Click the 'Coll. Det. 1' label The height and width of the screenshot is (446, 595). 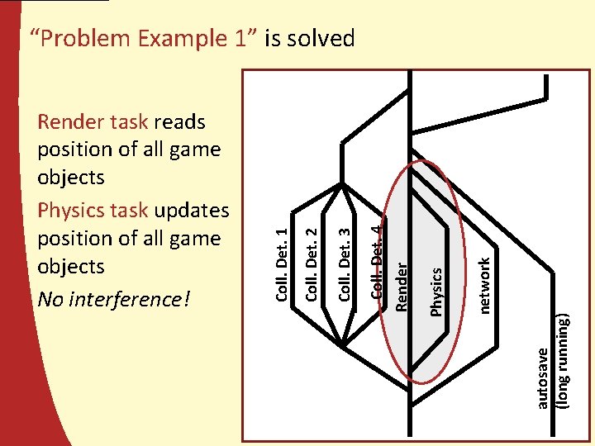(x=283, y=264)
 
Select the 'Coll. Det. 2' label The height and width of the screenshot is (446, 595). (x=313, y=256)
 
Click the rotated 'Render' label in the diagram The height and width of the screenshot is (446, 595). (x=402, y=286)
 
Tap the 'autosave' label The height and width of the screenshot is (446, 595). (x=542, y=377)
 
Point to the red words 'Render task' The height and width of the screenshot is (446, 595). (x=93, y=122)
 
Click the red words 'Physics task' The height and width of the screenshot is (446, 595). (x=93, y=211)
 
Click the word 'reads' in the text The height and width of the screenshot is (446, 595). (x=179, y=122)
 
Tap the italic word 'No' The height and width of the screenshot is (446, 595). (x=50, y=298)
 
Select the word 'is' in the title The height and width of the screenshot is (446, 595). (x=274, y=38)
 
